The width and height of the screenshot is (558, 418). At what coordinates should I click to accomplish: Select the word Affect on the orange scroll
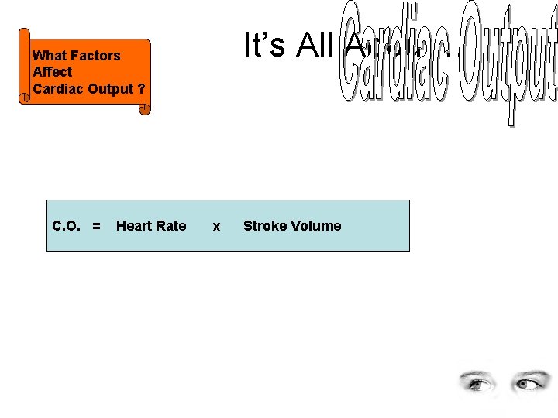[x=52, y=72]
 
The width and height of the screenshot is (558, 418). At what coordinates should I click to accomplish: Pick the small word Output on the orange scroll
[x=111, y=88]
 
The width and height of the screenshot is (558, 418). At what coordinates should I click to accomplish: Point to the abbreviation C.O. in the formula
[x=67, y=226]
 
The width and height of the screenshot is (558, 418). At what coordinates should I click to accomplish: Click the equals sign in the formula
[x=96, y=226]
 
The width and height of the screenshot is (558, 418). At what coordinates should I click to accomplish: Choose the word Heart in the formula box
[x=134, y=226]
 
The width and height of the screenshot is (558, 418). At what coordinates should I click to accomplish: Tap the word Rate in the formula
[x=171, y=226]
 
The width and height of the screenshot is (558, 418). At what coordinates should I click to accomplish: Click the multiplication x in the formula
[x=216, y=226]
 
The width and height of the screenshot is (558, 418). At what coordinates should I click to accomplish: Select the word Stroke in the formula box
[x=264, y=226]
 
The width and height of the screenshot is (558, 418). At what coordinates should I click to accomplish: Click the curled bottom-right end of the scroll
[x=144, y=109]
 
